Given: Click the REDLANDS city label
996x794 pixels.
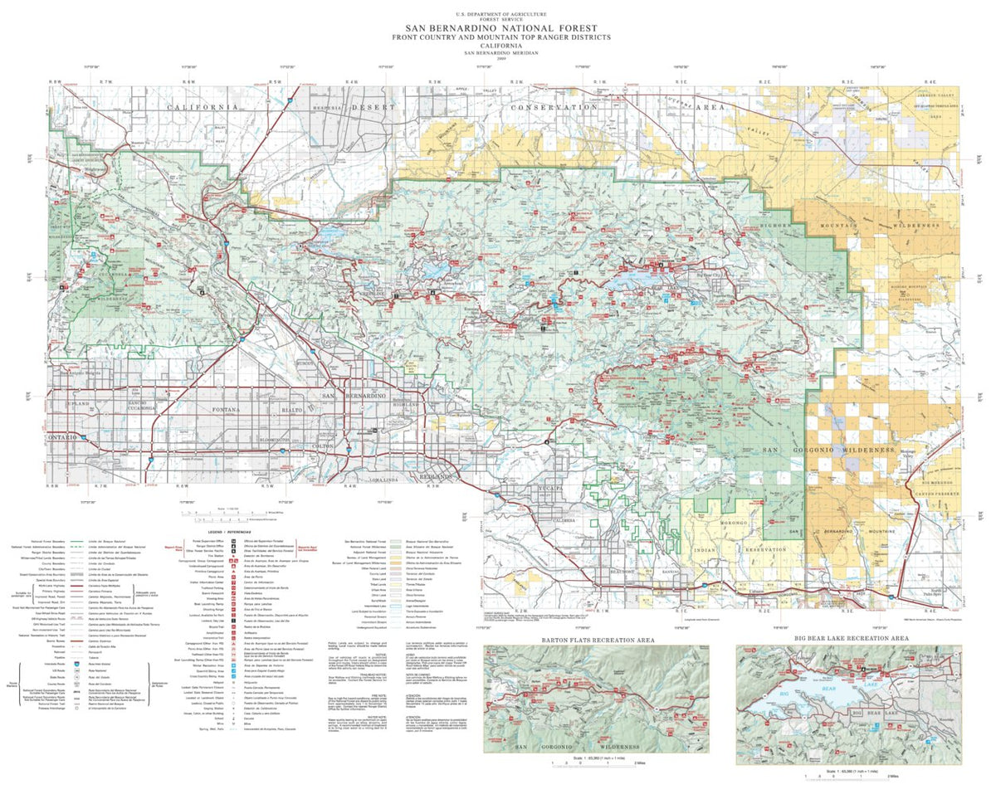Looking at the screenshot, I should (x=434, y=479).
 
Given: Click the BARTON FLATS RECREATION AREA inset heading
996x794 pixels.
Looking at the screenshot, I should (x=598, y=640).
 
